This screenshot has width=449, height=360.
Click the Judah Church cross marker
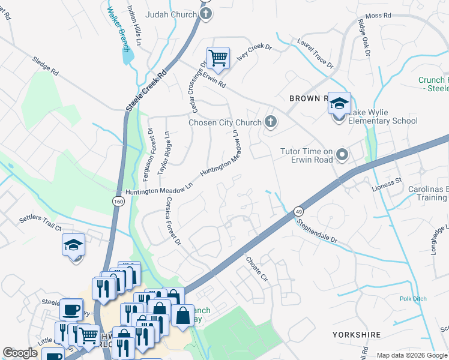coord(206,14)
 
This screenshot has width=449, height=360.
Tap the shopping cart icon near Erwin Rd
coord(218,58)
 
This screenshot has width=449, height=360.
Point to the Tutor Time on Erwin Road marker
coord(342,156)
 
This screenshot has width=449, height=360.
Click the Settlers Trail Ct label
coord(40,223)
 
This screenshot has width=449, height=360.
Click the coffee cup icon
coord(71,310)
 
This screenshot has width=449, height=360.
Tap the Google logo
coord(20,353)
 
